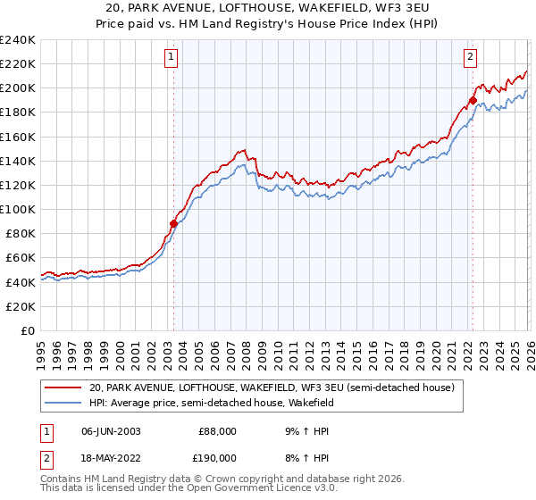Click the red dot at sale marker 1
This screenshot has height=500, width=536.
click(173, 223)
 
